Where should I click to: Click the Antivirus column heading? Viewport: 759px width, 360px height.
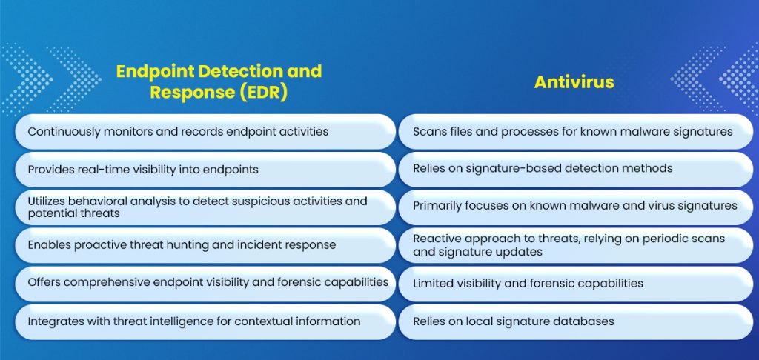[574, 81]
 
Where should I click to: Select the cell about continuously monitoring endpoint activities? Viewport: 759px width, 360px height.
[205, 131]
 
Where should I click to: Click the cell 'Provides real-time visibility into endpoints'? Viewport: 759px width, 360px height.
[205, 170]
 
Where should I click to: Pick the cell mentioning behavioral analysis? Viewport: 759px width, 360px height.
[205, 207]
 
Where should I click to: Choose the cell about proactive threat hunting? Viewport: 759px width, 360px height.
[205, 245]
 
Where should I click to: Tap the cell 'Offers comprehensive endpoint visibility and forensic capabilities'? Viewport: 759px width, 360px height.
[205, 283]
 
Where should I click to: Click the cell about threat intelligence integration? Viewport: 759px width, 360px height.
[205, 321]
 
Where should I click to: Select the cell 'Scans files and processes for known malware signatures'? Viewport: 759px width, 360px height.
[576, 131]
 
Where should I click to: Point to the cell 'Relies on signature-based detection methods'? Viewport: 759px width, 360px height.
[576, 169]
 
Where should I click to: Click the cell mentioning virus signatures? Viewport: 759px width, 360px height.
[576, 207]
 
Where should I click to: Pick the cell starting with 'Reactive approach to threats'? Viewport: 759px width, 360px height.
[576, 245]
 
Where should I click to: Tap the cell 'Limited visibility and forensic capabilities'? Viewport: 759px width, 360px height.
[576, 283]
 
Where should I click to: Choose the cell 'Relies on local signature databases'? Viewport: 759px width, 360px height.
[576, 321]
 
